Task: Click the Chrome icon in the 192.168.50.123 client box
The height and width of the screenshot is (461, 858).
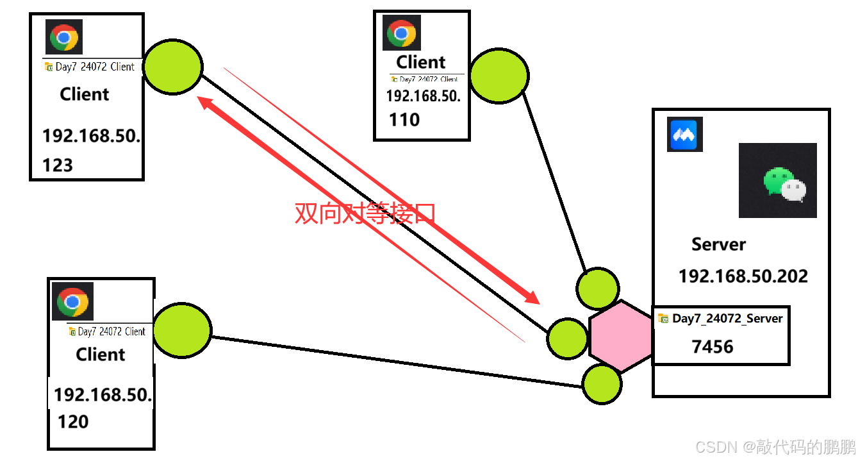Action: (64, 37)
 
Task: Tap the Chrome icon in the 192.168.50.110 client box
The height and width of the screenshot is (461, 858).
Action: (402, 33)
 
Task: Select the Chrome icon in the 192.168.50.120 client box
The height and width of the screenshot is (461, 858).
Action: (72, 301)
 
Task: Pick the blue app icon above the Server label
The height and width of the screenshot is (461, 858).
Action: (685, 134)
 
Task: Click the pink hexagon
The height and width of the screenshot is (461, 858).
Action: (620, 336)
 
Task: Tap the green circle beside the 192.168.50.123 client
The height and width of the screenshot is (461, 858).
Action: (172, 67)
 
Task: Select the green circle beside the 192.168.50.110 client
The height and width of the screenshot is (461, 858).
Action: (499, 76)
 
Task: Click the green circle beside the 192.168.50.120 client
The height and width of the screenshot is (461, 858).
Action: (181, 330)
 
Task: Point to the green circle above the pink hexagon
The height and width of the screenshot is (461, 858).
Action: (598, 288)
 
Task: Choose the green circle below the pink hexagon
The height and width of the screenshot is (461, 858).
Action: (602, 383)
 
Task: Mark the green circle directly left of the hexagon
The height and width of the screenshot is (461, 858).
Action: (567, 338)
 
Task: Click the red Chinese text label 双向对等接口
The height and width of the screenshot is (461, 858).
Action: (365, 213)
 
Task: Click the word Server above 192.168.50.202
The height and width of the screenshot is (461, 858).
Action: (718, 244)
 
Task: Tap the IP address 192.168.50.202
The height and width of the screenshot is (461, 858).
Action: (743, 276)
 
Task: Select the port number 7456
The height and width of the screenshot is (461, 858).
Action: (713, 347)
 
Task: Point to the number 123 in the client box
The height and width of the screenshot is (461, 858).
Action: (58, 165)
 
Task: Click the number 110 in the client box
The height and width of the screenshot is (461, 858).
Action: (404, 120)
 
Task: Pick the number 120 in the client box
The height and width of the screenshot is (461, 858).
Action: (73, 421)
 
